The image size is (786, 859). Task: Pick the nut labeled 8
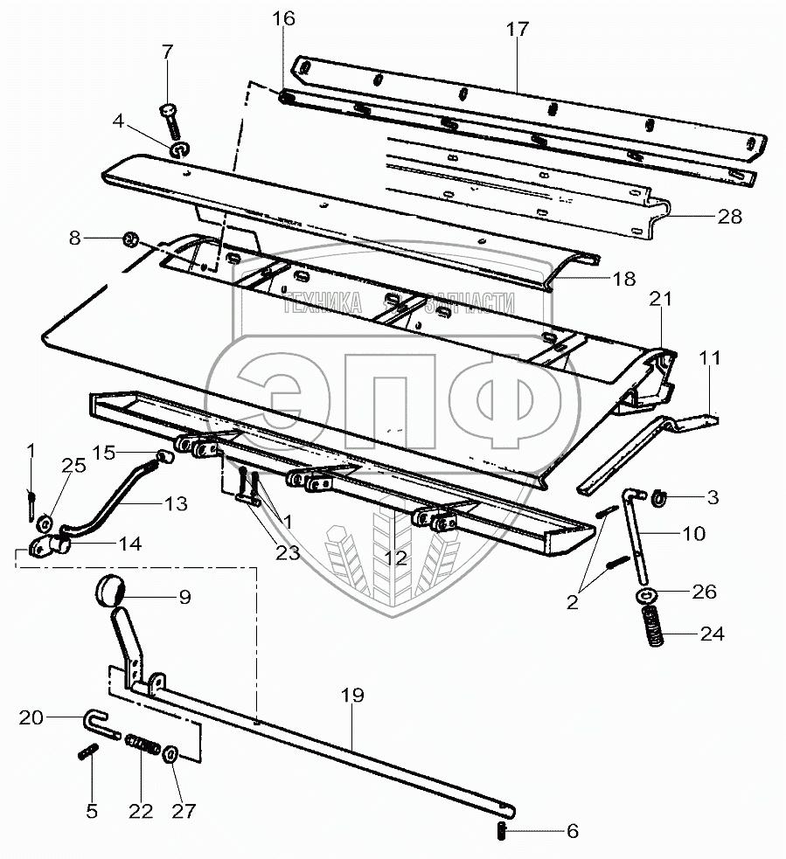130,239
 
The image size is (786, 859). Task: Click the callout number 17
517,29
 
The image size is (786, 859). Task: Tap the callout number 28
729,217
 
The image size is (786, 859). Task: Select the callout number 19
352,696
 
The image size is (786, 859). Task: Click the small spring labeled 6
501,831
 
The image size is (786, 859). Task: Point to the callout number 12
396,558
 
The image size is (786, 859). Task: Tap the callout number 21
660,299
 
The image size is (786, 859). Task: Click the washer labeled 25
44,523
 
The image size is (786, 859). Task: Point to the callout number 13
176,504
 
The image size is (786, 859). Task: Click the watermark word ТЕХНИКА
323,303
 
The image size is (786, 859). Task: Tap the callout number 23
288,553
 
